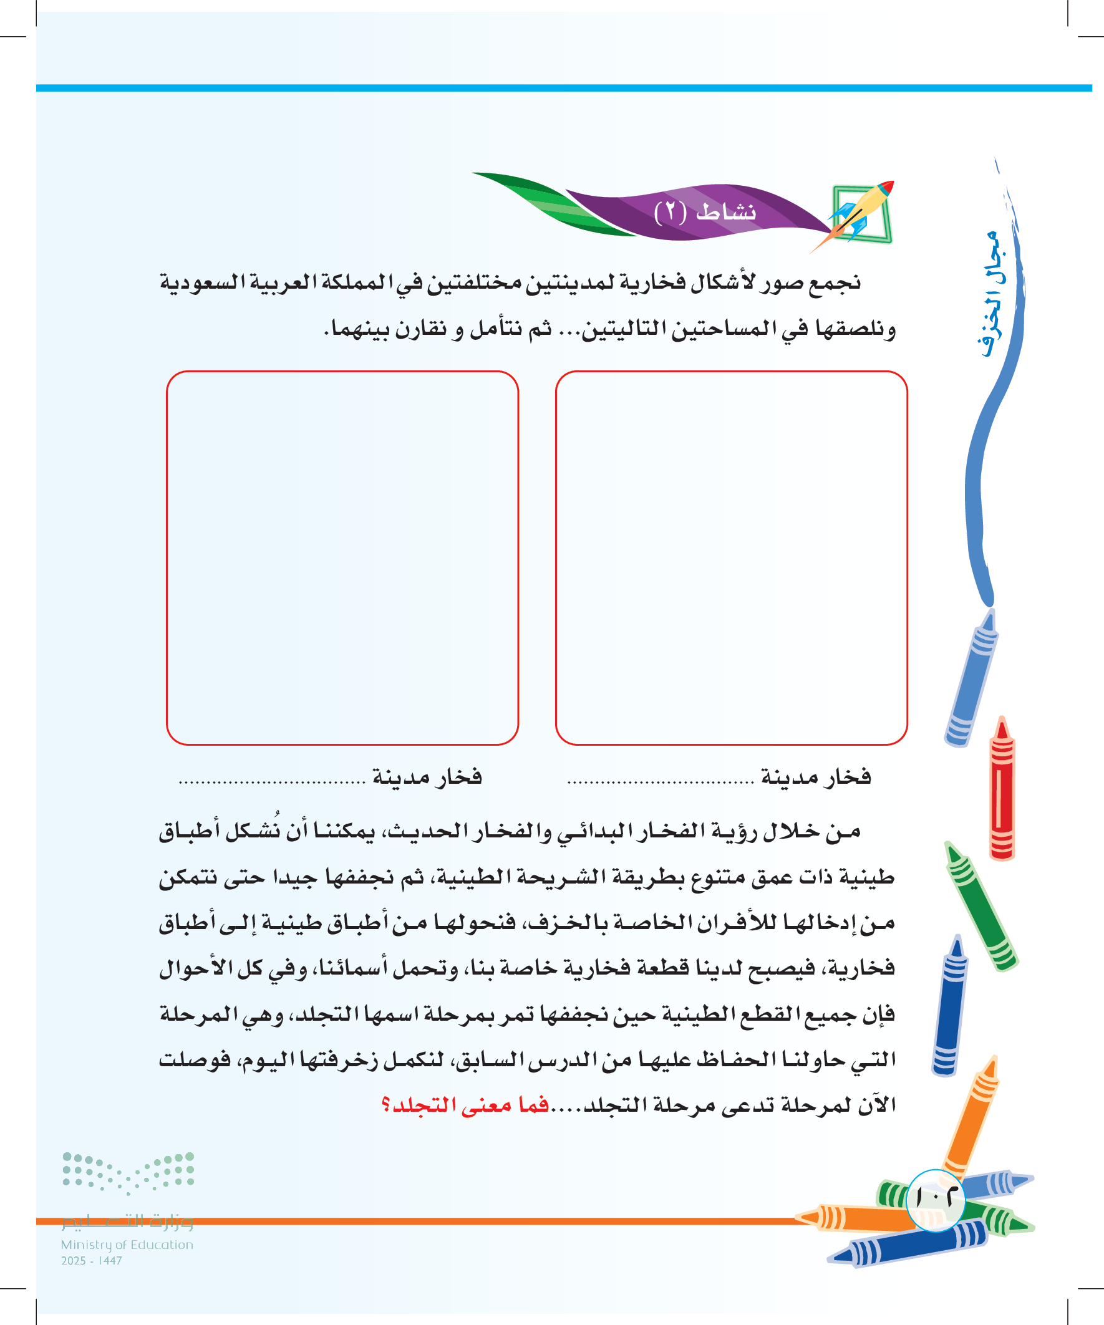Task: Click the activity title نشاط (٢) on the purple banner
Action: (705, 212)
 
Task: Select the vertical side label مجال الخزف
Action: (992, 294)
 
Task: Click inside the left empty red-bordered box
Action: (342, 557)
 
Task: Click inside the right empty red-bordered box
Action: (731, 557)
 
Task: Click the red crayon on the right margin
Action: (1002, 789)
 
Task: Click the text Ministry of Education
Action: (127, 1245)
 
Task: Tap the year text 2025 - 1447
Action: (92, 1261)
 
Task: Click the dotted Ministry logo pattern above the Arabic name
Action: (128, 1172)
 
